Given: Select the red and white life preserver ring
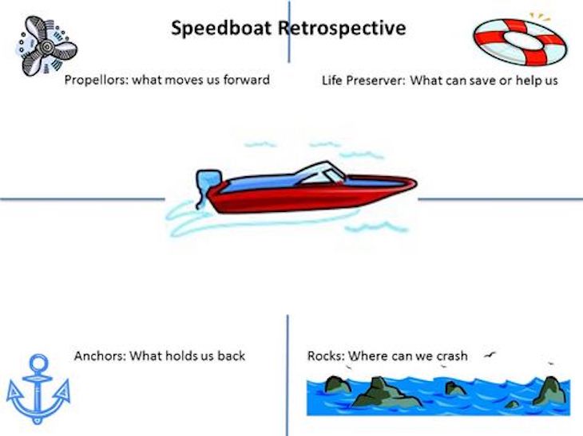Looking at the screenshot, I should pos(518,41).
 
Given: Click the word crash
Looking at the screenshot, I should pos(449,355).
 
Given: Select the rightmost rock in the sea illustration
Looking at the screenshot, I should pos(550,390).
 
